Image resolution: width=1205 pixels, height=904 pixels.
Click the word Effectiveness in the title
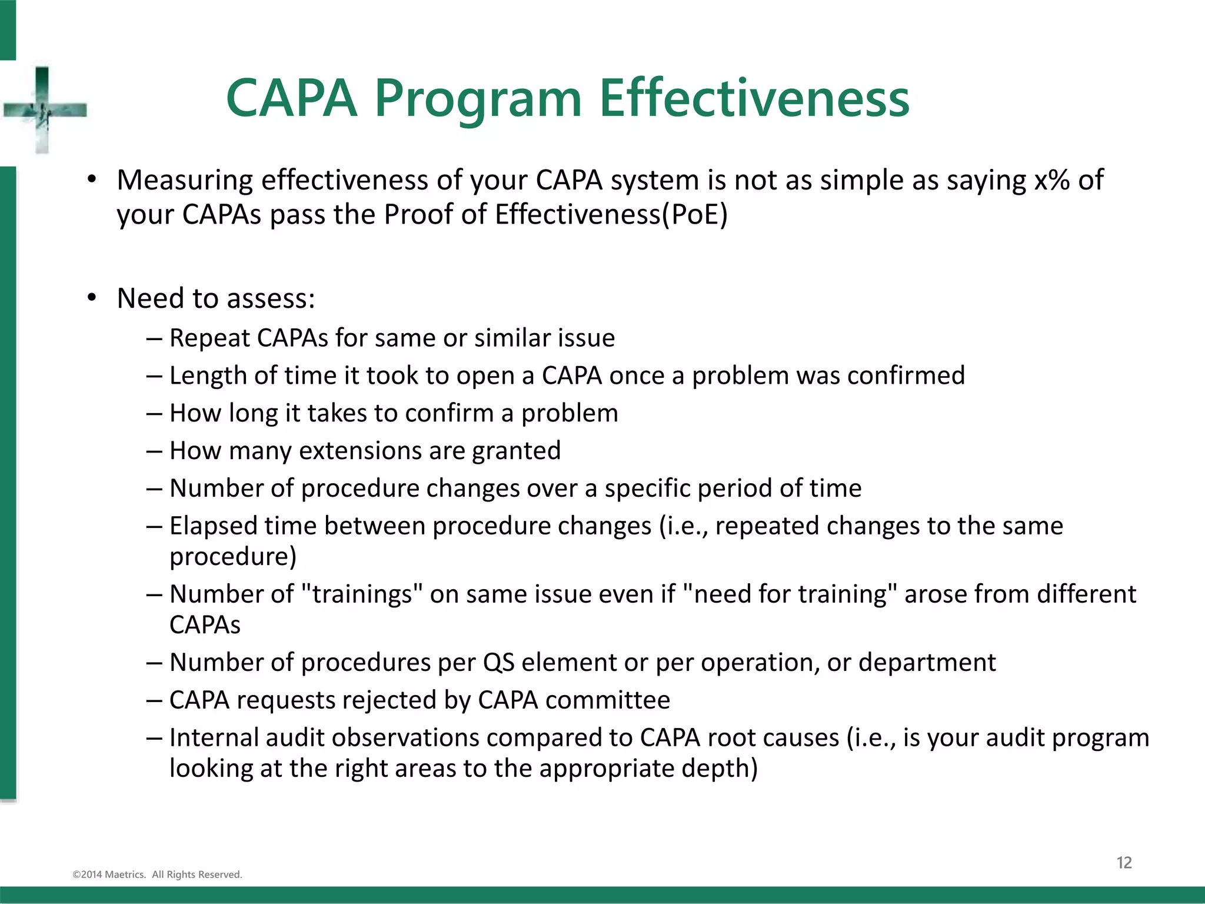pos(754,98)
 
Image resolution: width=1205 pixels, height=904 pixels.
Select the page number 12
pos(1124,863)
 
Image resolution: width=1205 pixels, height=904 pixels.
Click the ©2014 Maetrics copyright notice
pos(157,875)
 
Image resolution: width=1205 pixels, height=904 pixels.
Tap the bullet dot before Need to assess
pos(92,298)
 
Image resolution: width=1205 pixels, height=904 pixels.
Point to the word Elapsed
pos(213,526)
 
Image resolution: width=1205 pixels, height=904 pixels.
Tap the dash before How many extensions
pos(154,451)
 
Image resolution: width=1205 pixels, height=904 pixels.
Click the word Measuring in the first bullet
pos(185,180)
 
